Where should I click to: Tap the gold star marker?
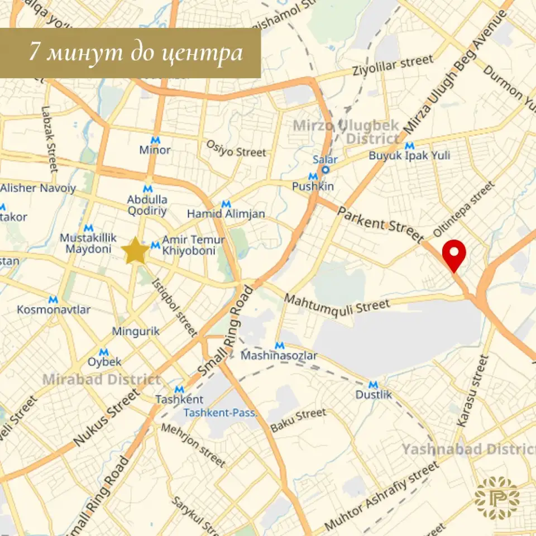[135, 251]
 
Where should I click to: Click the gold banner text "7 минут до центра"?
[136, 53]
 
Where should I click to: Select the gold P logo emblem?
[496, 497]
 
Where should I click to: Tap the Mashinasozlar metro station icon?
[279, 346]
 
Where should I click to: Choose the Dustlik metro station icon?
[374, 384]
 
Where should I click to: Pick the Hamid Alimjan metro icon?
[226, 204]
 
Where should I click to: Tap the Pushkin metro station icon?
[313, 176]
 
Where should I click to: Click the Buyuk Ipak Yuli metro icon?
[409, 146]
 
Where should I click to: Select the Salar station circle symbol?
[325, 170]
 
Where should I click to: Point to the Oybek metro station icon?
[104, 352]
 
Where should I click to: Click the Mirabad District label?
[102, 380]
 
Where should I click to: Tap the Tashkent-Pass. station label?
[221, 413]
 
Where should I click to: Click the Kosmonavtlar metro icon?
[53, 299]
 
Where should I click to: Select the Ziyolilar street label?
[393, 66]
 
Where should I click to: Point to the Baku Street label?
[298, 420]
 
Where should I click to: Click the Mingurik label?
[136, 331]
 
